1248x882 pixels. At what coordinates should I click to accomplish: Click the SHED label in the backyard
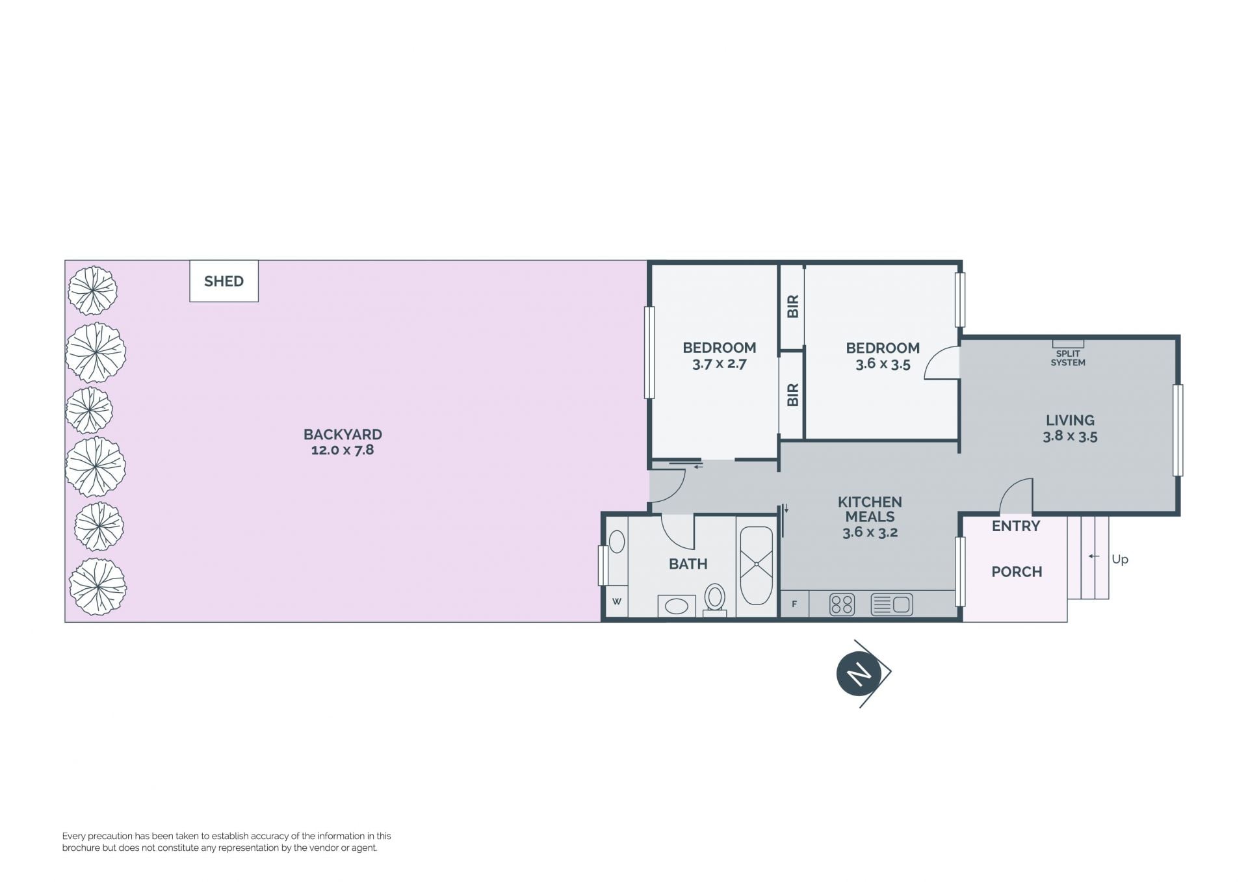coord(224,281)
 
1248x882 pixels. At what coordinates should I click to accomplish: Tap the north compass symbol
coord(863,673)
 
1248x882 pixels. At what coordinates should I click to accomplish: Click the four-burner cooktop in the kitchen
coord(842,604)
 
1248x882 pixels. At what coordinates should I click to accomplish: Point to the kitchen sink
coord(892,604)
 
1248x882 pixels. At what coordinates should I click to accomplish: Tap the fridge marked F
coord(794,604)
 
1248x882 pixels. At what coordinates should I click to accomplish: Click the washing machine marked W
coord(616,602)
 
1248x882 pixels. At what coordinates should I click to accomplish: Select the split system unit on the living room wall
coord(1068,344)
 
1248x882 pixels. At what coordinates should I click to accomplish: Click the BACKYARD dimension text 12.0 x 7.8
coord(343,450)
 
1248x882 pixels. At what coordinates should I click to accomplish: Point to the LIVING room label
coord(1070,420)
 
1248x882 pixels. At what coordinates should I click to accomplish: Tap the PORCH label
coord(1017,572)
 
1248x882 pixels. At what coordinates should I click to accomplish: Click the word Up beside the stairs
coord(1120,560)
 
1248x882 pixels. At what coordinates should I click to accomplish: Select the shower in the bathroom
coord(757,565)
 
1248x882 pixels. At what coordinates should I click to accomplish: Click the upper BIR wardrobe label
coord(793,306)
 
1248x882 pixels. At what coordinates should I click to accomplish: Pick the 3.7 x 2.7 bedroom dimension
coord(720,364)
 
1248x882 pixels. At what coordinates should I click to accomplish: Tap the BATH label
coord(688,564)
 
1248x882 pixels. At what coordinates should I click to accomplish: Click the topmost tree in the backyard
coord(93,291)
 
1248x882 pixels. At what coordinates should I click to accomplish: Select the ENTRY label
coord(1016,526)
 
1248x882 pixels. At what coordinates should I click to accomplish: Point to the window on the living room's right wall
coord(1178,430)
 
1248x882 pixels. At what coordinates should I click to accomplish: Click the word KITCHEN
coord(870,502)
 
